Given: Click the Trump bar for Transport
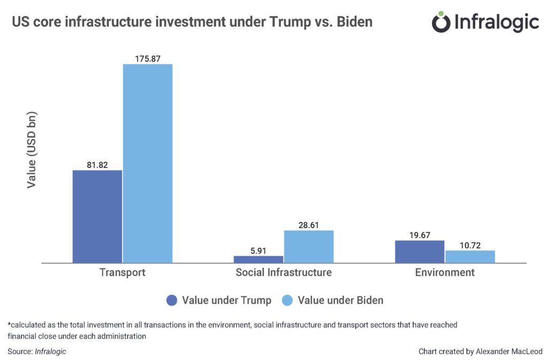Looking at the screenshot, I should click(97, 217).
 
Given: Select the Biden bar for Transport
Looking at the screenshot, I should click(148, 164).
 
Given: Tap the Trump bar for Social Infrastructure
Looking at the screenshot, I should click(258, 259).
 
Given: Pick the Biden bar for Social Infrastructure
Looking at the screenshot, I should click(309, 247).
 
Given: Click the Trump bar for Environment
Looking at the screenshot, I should click(420, 252).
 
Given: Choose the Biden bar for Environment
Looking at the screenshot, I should click(470, 257).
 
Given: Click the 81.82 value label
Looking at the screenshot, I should click(97, 165).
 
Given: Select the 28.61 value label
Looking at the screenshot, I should click(309, 225).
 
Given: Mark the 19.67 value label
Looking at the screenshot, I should click(420, 235).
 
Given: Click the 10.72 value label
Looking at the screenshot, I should click(470, 244).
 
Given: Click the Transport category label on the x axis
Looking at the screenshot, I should click(123, 272).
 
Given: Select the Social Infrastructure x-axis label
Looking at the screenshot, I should click(284, 272).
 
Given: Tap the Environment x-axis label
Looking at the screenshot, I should click(445, 272).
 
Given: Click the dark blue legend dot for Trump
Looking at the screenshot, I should click(171, 301).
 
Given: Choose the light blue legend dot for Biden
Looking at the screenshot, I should click(287, 301).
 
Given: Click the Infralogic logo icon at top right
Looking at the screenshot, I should click(441, 22).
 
